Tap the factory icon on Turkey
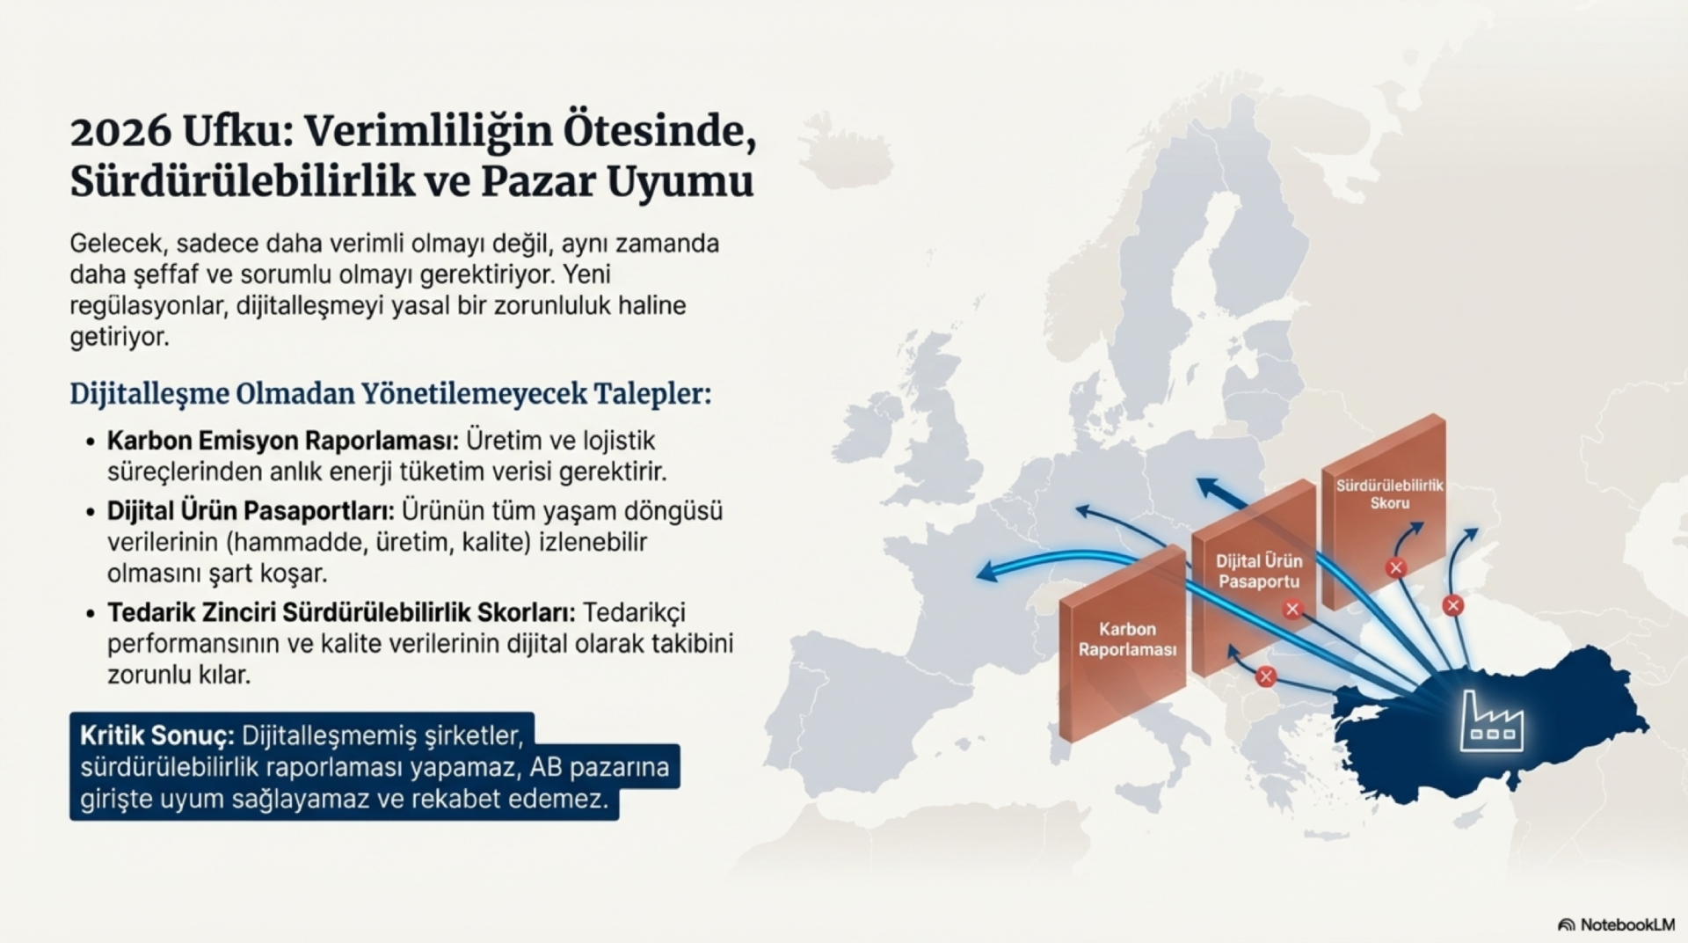(1491, 721)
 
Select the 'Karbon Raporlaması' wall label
(1127, 640)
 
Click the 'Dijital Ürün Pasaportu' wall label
(1259, 571)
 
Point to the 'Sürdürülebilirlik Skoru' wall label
(1389, 494)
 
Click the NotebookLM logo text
(1626, 925)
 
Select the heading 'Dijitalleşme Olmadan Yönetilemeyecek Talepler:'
(390, 393)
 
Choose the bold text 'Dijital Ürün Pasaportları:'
(251, 510)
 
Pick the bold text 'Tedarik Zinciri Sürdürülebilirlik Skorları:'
(341, 612)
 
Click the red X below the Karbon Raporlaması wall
(1266, 676)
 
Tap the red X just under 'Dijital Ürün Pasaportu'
(1291, 609)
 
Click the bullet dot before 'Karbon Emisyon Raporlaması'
(90, 441)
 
